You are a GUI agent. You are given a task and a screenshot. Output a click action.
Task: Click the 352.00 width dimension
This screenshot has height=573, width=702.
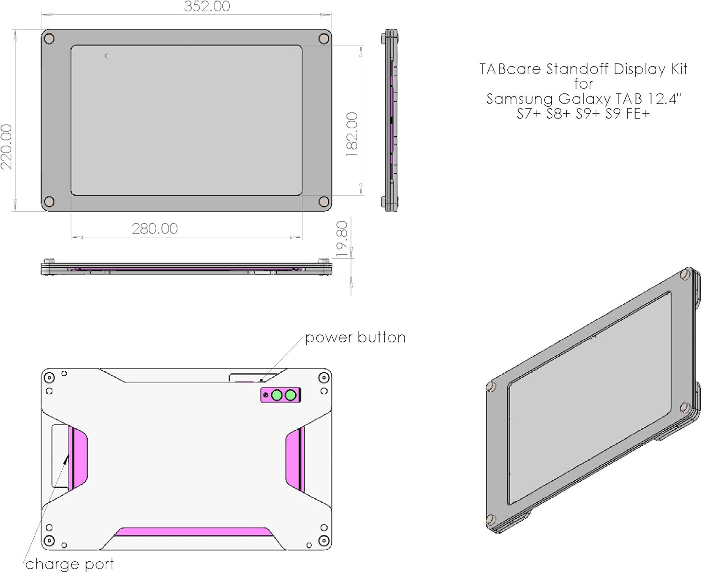[207, 7]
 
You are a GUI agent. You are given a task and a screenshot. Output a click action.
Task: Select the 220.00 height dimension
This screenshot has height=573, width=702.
[7, 147]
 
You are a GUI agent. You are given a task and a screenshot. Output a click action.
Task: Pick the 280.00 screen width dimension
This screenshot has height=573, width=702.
[155, 228]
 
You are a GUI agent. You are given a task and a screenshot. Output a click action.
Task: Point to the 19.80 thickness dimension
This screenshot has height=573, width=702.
[342, 239]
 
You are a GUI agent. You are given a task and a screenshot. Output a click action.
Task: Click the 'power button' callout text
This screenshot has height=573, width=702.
[355, 338]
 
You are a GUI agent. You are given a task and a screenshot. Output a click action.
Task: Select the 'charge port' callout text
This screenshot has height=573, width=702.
[69, 564]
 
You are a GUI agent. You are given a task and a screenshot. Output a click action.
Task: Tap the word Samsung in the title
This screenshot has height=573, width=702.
[520, 99]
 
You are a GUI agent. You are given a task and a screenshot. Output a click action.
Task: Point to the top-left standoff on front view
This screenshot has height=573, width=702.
[49, 39]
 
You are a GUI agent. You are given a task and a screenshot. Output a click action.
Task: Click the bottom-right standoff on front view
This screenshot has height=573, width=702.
[323, 202]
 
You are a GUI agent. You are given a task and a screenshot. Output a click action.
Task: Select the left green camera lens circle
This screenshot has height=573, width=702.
[277, 396]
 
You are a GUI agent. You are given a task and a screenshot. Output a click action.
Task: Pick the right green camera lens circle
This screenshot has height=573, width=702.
[291, 396]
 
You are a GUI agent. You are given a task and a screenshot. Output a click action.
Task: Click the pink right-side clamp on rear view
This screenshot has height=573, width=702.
[295, 459]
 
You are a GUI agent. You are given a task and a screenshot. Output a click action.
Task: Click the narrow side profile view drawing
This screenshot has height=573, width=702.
[391, 120]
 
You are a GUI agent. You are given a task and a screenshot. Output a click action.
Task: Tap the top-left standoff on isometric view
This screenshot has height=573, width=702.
[490, 387]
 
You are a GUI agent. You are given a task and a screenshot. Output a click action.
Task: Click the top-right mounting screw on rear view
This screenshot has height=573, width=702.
[323, 378]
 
